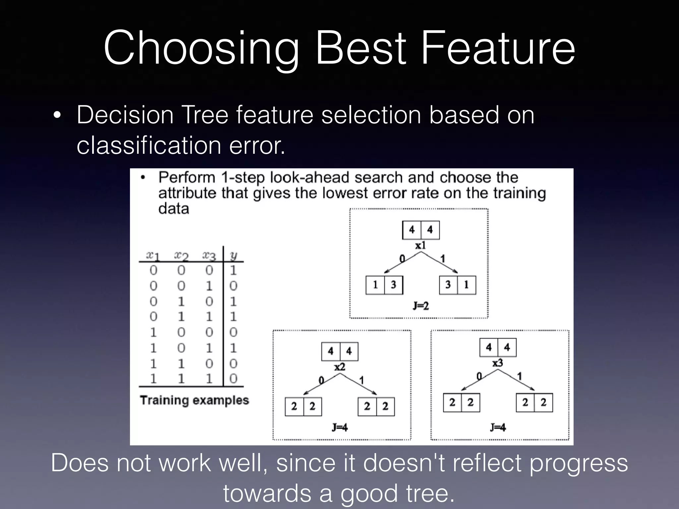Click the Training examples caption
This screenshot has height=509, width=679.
(194, 400)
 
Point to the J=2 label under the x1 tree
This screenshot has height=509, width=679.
(420, 306)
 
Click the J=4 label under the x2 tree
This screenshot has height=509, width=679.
(339, 427)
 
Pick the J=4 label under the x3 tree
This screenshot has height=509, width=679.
(498, 427)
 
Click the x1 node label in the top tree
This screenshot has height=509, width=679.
(420, 246)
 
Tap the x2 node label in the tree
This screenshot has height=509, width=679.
(339, 367)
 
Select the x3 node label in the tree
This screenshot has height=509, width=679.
(497, 363)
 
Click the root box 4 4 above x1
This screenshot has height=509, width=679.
(421, 230)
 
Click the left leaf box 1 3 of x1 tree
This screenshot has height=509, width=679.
(384, 285)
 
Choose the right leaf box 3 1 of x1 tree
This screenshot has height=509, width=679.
(457, 285)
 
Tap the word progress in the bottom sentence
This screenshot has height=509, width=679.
(578, 463)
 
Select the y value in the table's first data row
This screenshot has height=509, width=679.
(233, 270)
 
